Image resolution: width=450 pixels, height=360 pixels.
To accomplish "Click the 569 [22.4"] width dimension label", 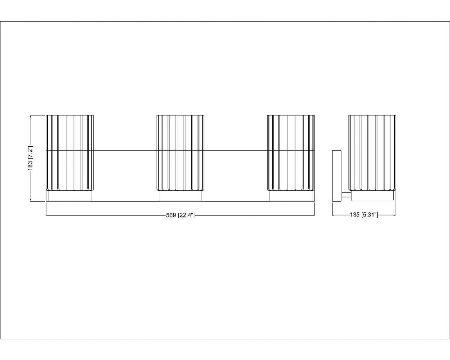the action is point(180,215).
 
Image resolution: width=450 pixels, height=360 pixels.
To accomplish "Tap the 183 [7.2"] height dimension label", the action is point(31,158).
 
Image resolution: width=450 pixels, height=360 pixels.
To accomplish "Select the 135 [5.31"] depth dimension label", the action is point(364,215).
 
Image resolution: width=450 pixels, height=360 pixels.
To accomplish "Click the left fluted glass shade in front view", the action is point(70,153).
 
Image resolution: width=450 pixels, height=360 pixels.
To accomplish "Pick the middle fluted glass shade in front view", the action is point(180,153).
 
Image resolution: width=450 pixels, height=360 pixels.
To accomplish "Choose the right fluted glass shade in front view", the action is point(291,153).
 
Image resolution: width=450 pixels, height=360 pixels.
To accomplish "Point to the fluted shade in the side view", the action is point(372,153).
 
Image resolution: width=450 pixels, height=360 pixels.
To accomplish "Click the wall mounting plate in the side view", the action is point(337,175).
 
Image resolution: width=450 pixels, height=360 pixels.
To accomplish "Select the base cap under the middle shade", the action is point(180,196).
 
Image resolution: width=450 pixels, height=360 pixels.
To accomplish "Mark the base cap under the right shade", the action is point(291,196).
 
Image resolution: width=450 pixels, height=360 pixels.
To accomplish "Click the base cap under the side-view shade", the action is point(372,196).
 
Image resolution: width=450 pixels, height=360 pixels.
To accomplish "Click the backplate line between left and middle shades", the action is point(125,151).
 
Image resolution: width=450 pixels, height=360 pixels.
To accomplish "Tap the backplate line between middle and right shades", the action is point(236,151).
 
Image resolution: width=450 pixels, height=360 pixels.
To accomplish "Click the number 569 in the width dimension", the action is point(171,215).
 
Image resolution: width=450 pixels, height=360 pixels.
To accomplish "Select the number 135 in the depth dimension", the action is point(355,215).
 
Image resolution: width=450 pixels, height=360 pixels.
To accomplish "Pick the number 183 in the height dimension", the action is point(31,166).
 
